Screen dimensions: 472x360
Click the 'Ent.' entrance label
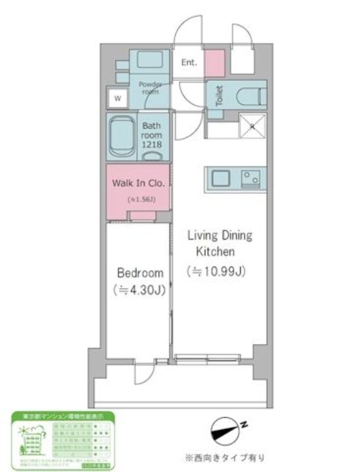click(x=189, y=63)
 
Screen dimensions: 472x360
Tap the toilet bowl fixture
click(x=250, y=95)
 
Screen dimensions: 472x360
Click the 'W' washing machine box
click(x=117, y=98)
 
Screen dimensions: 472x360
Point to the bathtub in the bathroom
click(x=122, y=137)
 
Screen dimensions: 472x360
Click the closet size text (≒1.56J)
click(x=141, y=199)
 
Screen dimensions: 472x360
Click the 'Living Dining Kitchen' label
click(x=219, y=243)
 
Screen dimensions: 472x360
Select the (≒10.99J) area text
click(x=216, y=272)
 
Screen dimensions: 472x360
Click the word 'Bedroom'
click(x=139, y=273)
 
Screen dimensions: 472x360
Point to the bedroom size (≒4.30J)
click(x=139, y=290)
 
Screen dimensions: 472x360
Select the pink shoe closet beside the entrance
click(x=214, y=61)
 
